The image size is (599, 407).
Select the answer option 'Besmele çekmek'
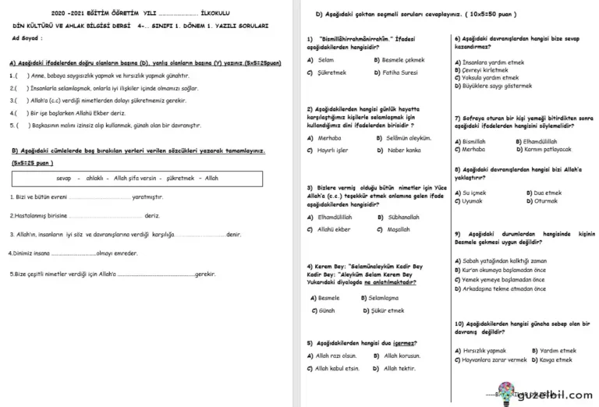coord(403,59)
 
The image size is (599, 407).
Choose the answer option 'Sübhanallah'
coord(403,217)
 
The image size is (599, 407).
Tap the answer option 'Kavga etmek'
coord(556,360)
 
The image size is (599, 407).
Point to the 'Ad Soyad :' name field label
coord(28,37)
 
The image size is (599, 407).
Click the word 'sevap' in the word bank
coord(64,179)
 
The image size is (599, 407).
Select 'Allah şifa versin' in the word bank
coord(136,179)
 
